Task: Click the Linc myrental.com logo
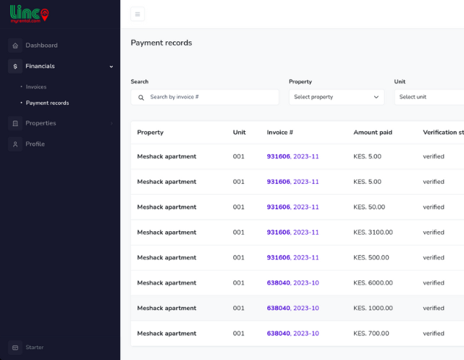[29, 14]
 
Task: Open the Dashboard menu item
[41, 46]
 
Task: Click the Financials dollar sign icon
[15, 67]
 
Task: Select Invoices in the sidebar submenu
[36, 87]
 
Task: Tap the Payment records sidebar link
[47, 103]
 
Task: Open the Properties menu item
[41, 123]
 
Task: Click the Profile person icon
[15, 144]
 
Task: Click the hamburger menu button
[138, 14]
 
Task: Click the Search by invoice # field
[205, 97]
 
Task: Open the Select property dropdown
[337, 97]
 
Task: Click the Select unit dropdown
[429, 97]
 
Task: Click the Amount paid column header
[373, 133]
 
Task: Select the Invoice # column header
[280, 133]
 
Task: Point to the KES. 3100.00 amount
[373, 233]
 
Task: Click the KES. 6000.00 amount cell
[373, 283]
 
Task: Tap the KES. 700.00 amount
[371, 334]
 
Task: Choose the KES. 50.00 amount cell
[369, 207]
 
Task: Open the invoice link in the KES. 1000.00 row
[293, 308]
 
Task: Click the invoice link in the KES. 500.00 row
[293, 258]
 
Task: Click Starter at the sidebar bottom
[35, 347]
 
